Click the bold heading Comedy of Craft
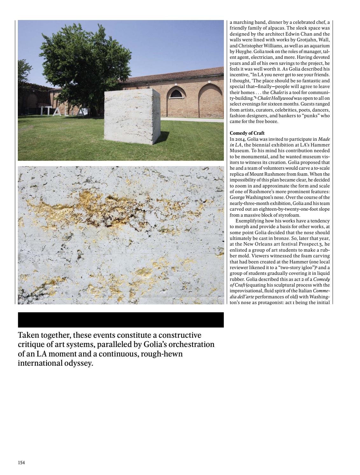coord(247,133)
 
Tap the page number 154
coord(21,463)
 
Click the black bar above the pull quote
coord(121,320)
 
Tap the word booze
coord(271,121)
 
